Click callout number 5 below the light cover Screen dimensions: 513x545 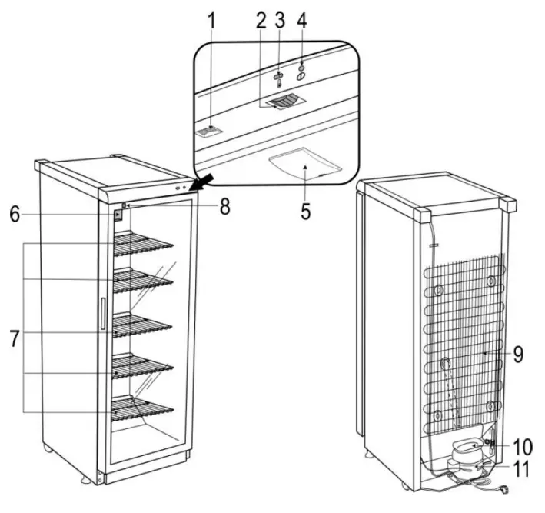[306, 212]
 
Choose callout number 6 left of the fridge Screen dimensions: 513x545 [15, 216]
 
